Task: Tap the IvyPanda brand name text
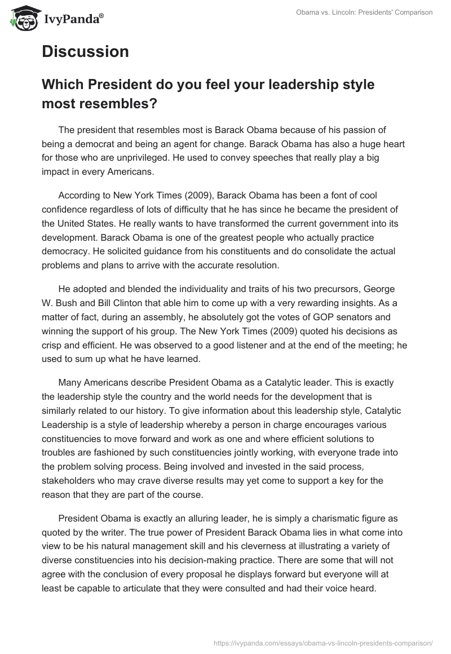click(73, 19)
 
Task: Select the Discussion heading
click(85, 52)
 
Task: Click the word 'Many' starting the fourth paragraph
click(69, 383)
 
